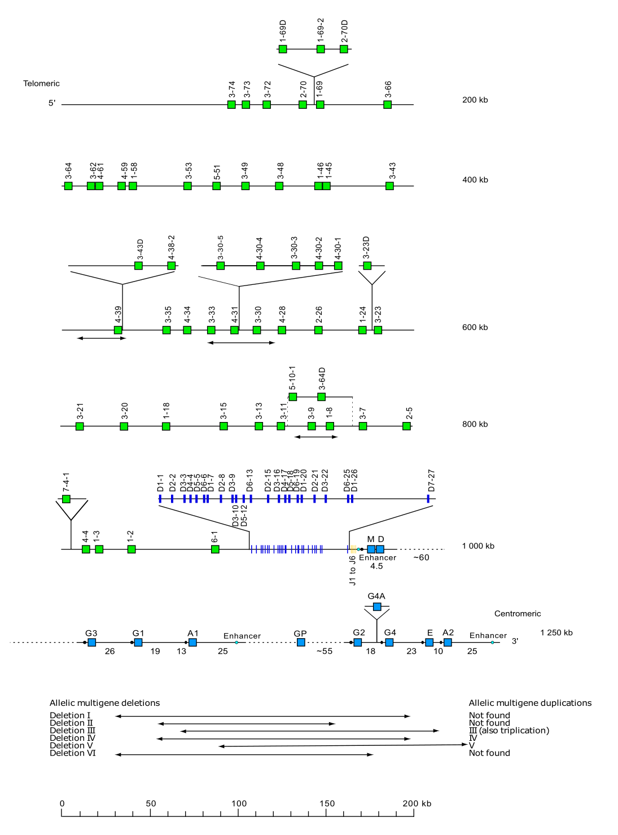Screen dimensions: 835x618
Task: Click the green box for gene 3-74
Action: tap(231, 104)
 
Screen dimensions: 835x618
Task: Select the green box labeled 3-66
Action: tap(387, 104)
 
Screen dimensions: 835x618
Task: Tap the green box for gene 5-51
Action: tap(216, 186)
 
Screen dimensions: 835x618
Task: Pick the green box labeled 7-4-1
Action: tap(66, 499)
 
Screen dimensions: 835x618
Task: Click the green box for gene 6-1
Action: tap(215, 549)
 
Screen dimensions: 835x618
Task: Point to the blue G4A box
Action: tap(377, 607)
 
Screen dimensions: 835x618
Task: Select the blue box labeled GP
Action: tap(301, 642)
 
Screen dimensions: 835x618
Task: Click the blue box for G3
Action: tap(92, 642)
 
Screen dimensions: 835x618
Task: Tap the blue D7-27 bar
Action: tap(428, 499)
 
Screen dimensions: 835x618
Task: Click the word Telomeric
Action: tap(41, 83)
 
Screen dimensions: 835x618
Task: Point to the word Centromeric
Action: tap(517, 614)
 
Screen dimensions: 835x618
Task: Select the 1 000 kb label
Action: tap(477, 546)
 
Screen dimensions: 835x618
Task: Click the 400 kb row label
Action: tap(475, 180)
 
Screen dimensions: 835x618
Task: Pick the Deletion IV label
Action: tap(72, 738)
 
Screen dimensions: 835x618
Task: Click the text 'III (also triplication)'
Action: tap(509, 731)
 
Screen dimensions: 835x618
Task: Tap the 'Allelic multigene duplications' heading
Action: tap(530, 703)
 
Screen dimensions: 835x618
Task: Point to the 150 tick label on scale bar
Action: tap(327, 804)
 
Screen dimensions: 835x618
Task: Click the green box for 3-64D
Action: tap(321, 397)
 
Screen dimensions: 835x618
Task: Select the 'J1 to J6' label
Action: tap(353, 570)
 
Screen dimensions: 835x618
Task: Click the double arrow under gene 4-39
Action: tap(101, 338)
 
